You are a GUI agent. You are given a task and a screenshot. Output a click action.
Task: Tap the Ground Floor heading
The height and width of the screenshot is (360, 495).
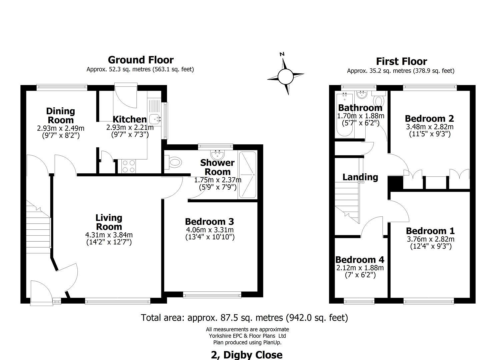point(141,60)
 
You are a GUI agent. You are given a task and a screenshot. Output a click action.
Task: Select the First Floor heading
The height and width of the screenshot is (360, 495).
point(401,61)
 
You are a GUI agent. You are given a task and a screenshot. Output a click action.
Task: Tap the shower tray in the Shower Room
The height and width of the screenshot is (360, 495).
point(247,175)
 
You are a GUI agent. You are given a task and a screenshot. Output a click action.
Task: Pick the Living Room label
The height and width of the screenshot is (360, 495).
point(109,222)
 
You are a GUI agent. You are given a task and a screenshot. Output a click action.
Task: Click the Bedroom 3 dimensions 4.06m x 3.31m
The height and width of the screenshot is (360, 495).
point(210,230)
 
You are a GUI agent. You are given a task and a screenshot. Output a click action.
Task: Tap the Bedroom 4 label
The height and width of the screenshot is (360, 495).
point(360,260)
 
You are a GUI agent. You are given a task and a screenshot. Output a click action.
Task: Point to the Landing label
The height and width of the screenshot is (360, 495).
point(360,177)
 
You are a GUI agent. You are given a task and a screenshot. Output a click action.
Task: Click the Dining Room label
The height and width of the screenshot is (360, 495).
point(60,115)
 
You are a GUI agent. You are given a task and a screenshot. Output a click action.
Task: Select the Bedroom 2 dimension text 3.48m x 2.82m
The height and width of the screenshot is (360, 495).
point(430,127)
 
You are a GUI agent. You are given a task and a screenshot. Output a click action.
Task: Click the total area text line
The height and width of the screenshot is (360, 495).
point(244,318)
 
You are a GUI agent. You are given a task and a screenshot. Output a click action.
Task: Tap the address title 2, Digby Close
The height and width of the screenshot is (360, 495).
point(247,355)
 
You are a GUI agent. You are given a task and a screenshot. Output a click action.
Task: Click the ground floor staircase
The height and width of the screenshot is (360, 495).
point(38,227)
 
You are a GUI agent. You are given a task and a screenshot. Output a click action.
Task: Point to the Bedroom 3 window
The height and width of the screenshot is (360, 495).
point(212,294)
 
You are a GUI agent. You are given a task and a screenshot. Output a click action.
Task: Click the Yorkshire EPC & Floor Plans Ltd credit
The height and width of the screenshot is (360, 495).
point(247,336)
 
